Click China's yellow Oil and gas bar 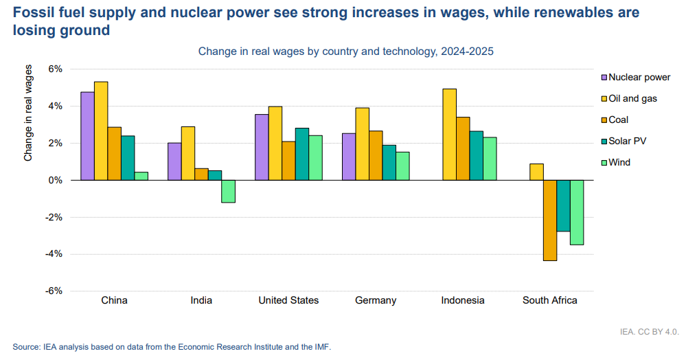pos(101,131)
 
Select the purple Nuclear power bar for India pos(174,161)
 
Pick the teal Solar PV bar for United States pos(302,154)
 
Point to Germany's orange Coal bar pos(376,155)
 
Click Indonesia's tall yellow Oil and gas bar pos(449,135)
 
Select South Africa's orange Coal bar pos(550,220)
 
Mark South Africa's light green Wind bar pos(577,212)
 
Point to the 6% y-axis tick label pos(55,69)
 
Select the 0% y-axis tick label pos(55,180)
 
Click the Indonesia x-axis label pos(463,300)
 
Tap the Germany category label pos(376,300)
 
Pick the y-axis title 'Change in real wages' pos(28,113)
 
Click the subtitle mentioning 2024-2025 pos(346,52)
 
